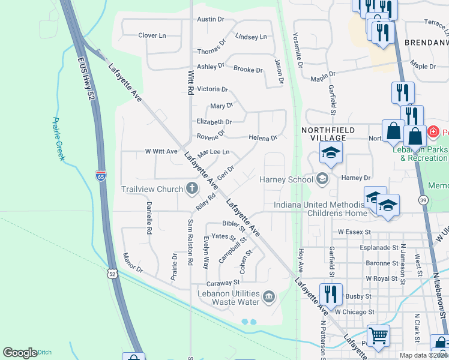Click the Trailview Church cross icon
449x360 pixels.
(x=191, y=189)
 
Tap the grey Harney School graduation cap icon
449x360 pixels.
(x=322, y=179)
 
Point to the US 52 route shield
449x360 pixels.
(x=111, y=274)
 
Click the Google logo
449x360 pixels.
(x=20, y=353)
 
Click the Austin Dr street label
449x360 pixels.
(x=210, y=19)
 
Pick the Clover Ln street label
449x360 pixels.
(x=151, y=35)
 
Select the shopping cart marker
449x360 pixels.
(x=378, y=335)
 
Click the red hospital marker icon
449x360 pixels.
(x=432, y=131)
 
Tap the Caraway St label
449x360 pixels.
(x=223, y=281)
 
